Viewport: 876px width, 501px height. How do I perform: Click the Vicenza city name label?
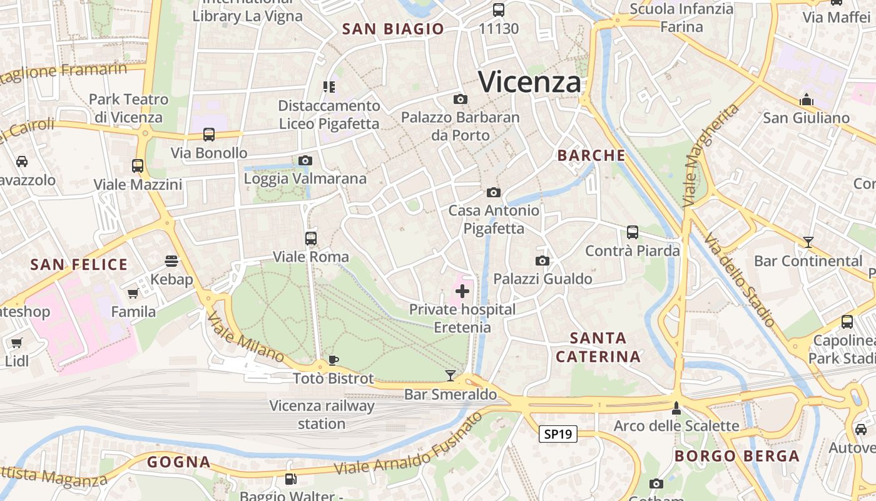pyautogui.click(x=529, y=82)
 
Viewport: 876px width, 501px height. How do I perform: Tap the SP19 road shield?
pyautogui.click(x=558, y=434)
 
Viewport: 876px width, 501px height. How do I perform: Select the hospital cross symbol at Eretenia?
pyautogui.click(x=462, y=291)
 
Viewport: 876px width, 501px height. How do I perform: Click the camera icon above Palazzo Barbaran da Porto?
pyautogui.click(x=460, y=99)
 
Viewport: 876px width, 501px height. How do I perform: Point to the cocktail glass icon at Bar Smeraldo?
pyautogui.click(x=450, y=376)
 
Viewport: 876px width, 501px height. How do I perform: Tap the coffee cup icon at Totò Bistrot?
pyautogui.click(x=334, y=360)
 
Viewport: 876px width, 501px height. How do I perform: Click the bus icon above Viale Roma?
pyautogui.click(x=311, y=238)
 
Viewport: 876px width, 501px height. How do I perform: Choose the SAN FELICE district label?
pyautogui.click(x=79, y=264)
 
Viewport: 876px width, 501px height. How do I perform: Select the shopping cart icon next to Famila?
pyautogui.click(x=133, y=293)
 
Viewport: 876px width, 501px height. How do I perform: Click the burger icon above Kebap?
pyautogui.click(x=171, y=261)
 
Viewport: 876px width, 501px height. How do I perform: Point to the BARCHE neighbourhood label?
pyautogui.click(x=591, y=155)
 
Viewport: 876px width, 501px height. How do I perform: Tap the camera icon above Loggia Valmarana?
pyautogui.click(x=305, y=160)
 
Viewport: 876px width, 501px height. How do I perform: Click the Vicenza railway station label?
pyautogui.click(x=322, y=415)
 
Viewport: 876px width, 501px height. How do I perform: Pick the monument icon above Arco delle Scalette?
pyautogui.click(x=676, y=408)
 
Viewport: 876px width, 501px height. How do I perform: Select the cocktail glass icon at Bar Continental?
pyautogui.click(x=808, y=242)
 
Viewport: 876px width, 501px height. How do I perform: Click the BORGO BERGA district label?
pyautogui.click(x=737, y=456)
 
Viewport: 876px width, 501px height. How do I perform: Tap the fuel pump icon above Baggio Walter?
pyautogui.click(x=290, y=479)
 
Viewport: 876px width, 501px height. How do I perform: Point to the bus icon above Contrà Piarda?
pyautogui.click(x=633, y=232)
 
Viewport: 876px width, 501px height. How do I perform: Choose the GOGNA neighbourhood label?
pyautogui.click(x=179, y=462)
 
